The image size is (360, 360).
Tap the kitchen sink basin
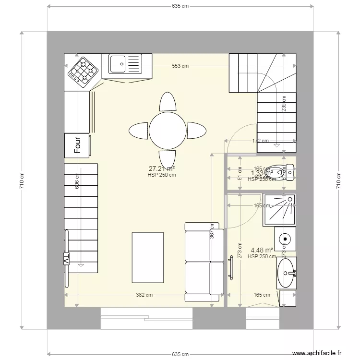[118, 63]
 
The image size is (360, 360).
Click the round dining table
[168, 130]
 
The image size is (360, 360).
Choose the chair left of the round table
[138, 130]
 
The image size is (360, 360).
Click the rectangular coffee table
[148, 257]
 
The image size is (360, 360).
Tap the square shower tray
[279, 209]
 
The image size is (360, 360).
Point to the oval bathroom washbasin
[287, 273]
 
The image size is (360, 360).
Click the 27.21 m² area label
[162, 169]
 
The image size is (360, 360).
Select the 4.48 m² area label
[262, 250]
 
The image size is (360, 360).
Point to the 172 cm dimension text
[261, 141]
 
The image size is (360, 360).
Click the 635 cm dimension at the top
[180, 6]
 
